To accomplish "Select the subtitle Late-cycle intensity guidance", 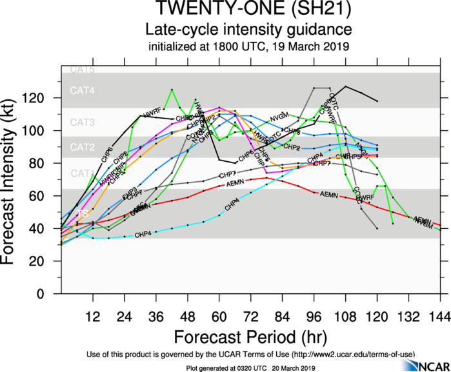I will coord(248,30).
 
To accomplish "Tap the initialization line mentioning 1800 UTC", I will coord(248,46).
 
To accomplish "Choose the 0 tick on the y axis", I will coord(50,294).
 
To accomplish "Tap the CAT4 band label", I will coord(82,91).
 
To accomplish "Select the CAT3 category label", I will coord(82,122).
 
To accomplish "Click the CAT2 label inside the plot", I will coord(82,148).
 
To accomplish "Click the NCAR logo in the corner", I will coord(422,365).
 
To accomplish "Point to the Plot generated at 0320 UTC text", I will coord(248,367).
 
